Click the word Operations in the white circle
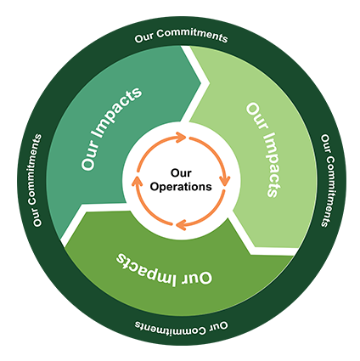pos(181,187)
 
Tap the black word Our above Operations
pos(181,172)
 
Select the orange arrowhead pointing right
pos(181,138)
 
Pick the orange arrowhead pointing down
pos(225,180)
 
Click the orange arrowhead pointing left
pos(181,225)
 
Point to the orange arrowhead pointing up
pos(137,182)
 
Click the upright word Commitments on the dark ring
pos(192,36)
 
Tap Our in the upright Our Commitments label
pos(144,38)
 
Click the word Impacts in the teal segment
pos(117,113)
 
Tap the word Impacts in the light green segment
pos(271,165)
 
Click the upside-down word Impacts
pos(146,269)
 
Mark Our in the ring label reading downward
pos(326,144)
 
